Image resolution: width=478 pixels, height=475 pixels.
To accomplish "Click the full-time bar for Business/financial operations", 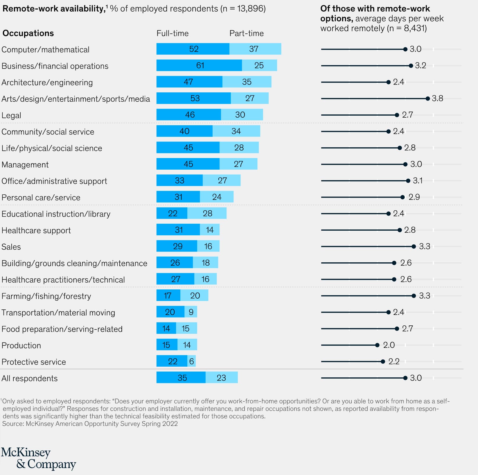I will (x=199, y=65).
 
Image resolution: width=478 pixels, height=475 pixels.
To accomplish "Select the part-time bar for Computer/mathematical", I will (x=255, y=49).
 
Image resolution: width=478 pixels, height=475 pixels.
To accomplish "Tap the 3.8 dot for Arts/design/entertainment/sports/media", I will (x=427, y=98).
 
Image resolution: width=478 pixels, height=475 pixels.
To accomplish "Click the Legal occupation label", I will (x=11, y=115).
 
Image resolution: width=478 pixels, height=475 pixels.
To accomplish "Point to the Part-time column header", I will (x=246, y=33).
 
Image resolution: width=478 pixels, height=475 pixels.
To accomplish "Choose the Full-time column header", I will (x=172, y=33).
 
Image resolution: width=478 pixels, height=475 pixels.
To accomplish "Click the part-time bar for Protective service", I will (x=191, y=361).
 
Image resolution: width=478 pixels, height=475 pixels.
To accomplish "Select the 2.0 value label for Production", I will (x=389, y=345).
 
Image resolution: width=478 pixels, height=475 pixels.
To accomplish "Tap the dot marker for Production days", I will (x=377, y=345).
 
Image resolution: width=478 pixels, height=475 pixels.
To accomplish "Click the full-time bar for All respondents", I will (x=181, y=377).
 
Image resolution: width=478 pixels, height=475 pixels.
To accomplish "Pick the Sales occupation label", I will (x=11, y=247).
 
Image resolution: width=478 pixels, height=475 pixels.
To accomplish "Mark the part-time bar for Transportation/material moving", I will (x=191, y=312).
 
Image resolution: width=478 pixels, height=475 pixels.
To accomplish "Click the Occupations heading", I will (x=28, y=33).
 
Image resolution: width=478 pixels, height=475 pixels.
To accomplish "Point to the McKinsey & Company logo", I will (x=38, y=458).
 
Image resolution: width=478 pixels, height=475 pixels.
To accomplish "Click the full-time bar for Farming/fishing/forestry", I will (x=168, y=295).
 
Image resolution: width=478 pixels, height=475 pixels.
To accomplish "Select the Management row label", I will (x=25, y=165).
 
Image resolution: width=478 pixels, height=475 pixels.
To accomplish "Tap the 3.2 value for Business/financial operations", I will (x=421, y=65).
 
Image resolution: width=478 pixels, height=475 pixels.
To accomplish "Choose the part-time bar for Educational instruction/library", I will (x=207, y=213).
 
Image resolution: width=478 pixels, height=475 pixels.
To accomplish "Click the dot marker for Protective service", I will (x=383, y=361).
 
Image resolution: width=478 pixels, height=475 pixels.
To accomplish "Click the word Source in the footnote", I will (x=13, y=424).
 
